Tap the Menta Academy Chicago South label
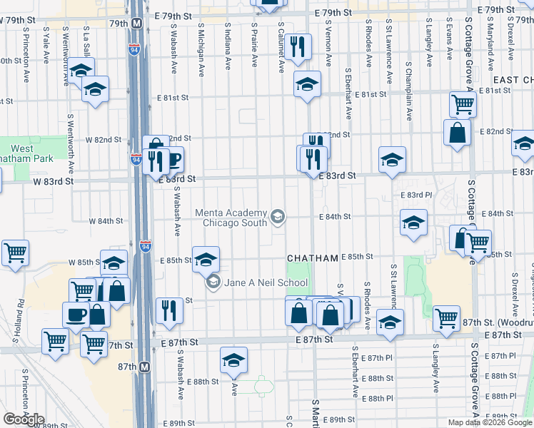pyautogui.click(x=232, y=218)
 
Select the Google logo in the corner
pyautogui.click(x=23, y=419)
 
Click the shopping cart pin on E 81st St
pyautogui.click(x=463, y=104)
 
